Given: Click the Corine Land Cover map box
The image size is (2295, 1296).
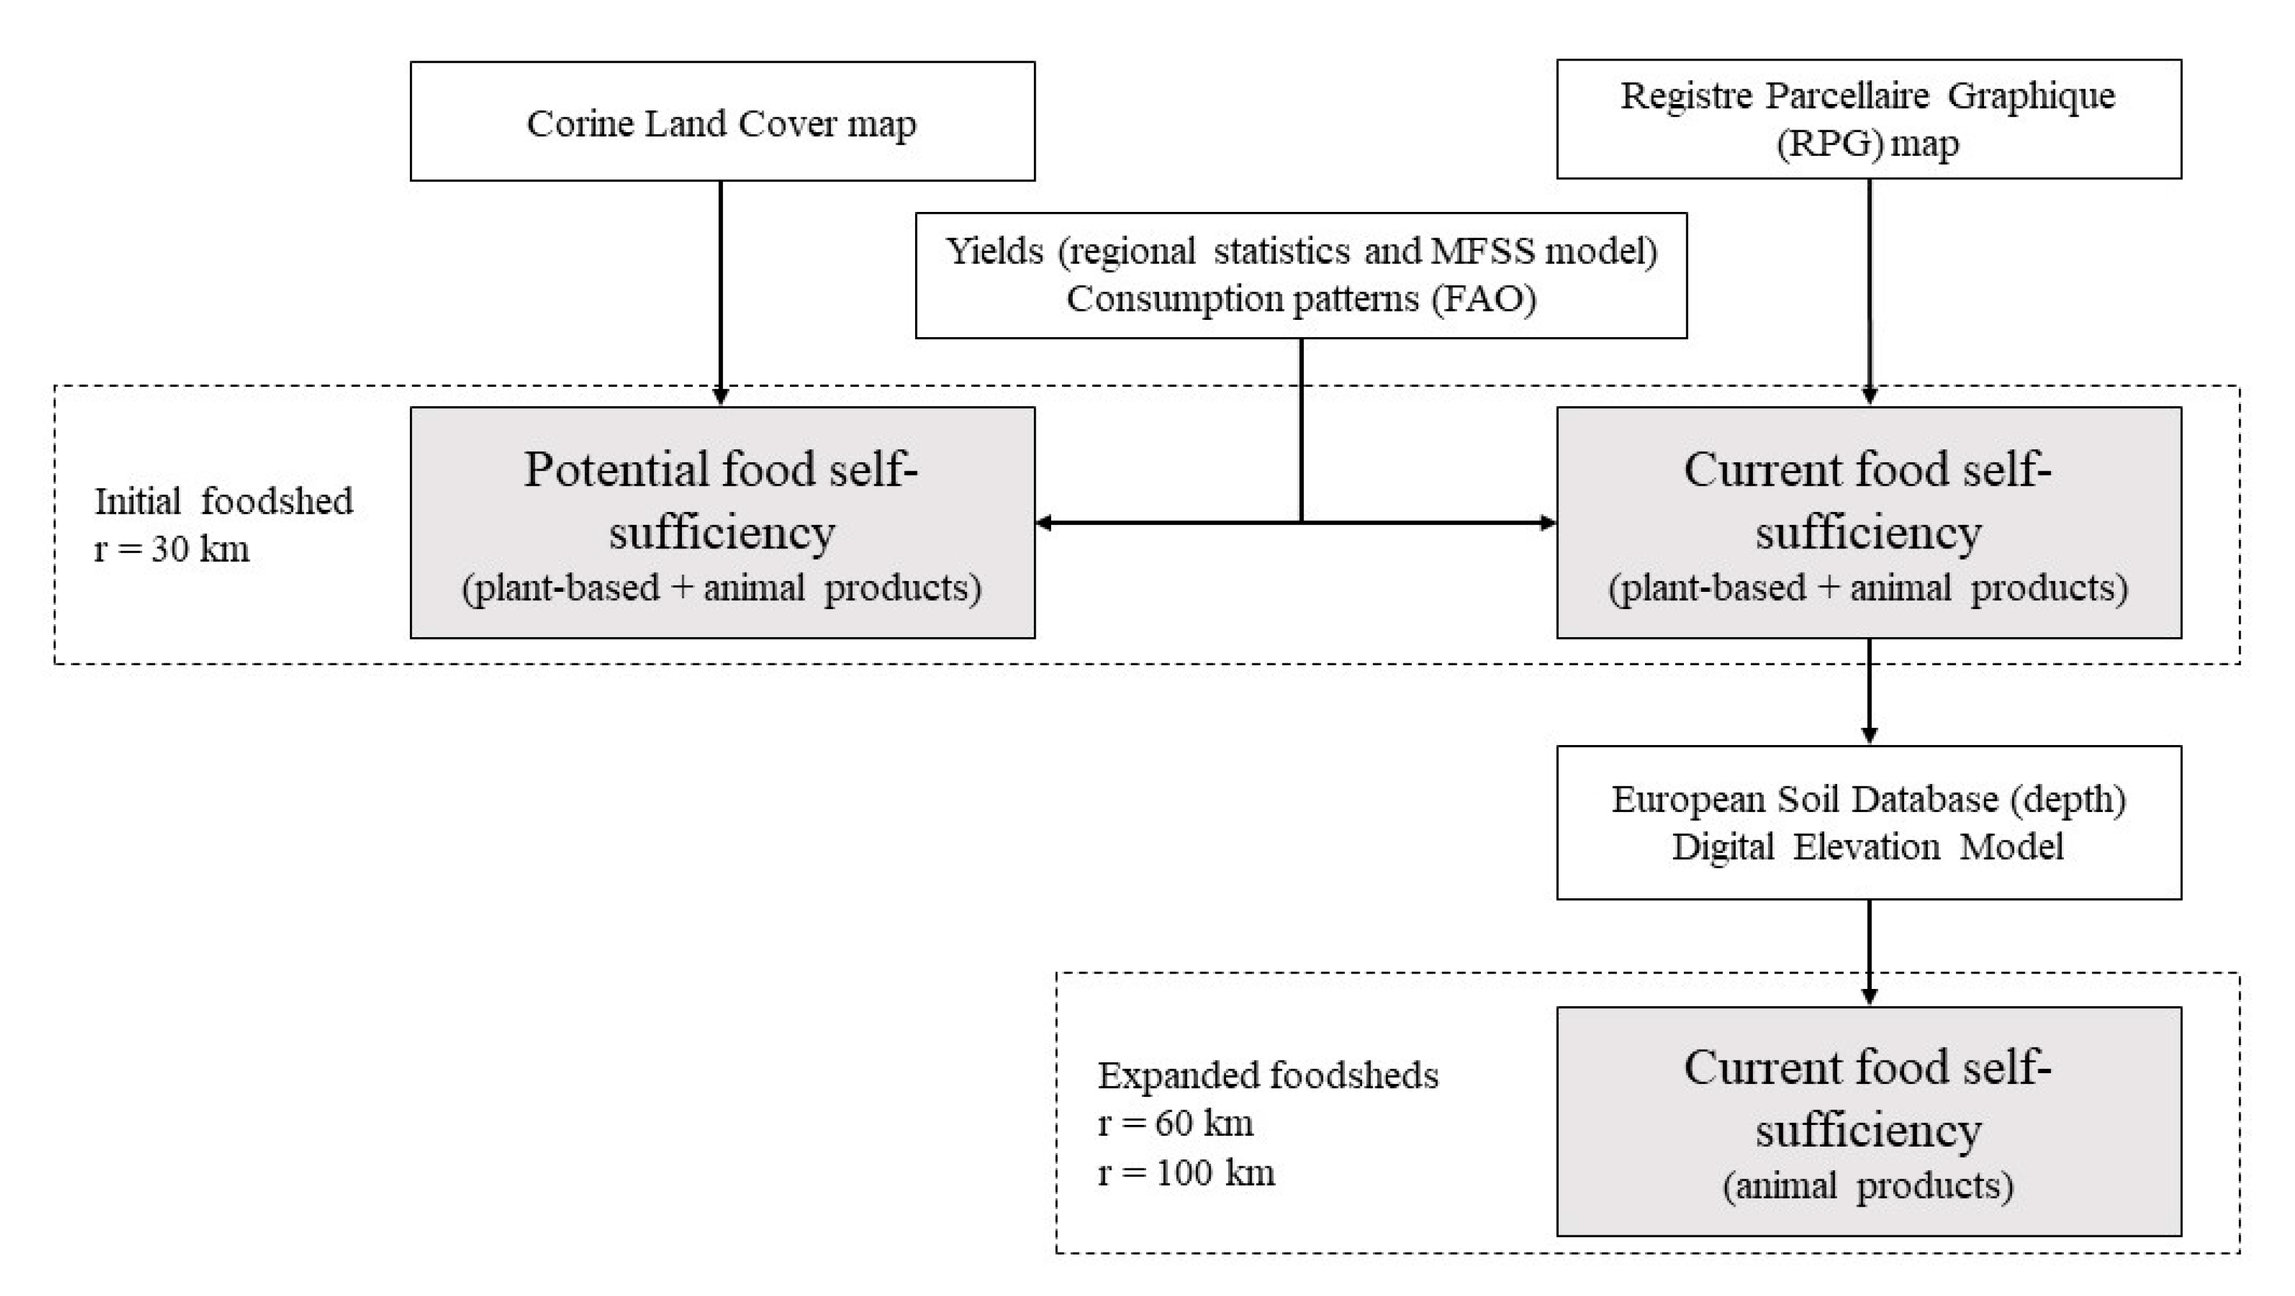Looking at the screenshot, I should click(722, 122).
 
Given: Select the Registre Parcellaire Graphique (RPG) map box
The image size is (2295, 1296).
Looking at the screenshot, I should click(1868, 119).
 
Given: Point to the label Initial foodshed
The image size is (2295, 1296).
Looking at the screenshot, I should click(223, 501).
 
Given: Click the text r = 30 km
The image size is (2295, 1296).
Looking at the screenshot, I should click(172, 550).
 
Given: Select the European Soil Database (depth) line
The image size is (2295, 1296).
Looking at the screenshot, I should click(1868, 799).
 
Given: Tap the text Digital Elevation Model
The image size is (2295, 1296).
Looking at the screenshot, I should click(1868, 846).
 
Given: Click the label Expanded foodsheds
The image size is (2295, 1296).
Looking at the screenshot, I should click(1268, 1076).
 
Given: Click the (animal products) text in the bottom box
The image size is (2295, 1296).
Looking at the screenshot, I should click(1868, 1186).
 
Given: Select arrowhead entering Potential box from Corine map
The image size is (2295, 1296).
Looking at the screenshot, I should click(721, 396).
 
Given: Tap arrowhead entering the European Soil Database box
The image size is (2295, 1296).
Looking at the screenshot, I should click(1869, 735).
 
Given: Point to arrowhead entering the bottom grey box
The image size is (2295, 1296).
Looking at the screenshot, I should click(1869, 997).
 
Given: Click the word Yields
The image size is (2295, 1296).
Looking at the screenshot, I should click(994, 252).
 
